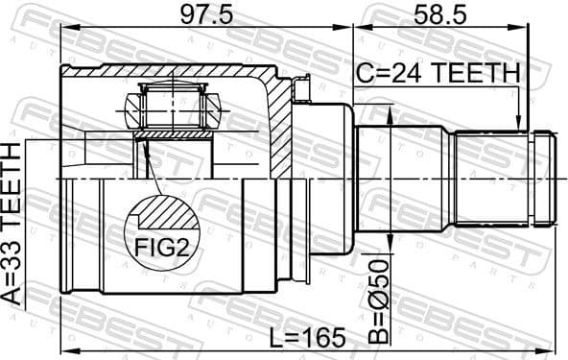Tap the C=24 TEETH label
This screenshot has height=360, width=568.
(x=438, y=73)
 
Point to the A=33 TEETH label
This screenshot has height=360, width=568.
(x=12, y=223)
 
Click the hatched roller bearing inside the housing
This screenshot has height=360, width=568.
(x=172, y=105)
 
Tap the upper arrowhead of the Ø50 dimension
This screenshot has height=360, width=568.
(x=390, y=113)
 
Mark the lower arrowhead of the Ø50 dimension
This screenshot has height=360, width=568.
(x=390, y=244)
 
